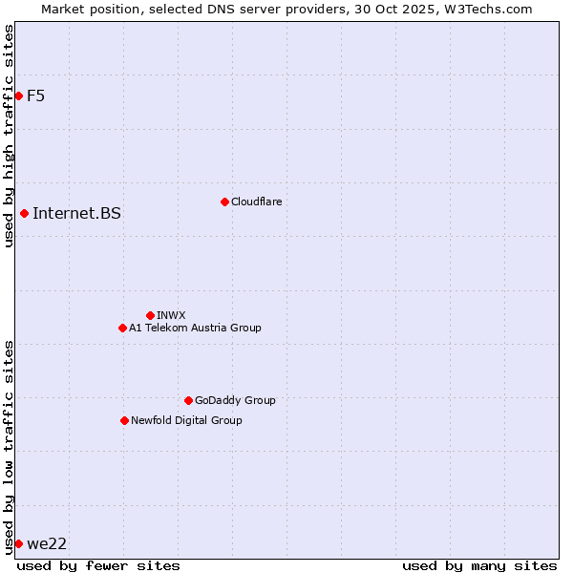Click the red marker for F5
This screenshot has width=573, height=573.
click(x=18, y=95)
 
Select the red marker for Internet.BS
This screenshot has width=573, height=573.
click(x=24, y=213)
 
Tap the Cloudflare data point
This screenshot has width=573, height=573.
click(x=224, y=202)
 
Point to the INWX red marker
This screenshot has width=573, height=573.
click(x=150, y=315)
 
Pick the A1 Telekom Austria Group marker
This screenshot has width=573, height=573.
click(x=122, y=328)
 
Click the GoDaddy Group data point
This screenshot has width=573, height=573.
click(x=188, y=400)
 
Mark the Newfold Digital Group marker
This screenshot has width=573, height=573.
click(x=124, y=420)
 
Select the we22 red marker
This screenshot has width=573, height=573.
click(x=18, y=543)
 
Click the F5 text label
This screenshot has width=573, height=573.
click(x=35, y=95)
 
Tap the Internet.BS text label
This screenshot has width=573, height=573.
click(x=76, y=213)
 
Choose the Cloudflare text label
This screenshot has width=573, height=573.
click(x=256, y=202)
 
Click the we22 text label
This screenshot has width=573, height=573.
click(x=47, y=543)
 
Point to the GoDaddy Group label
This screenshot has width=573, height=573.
click(x=235, y=400)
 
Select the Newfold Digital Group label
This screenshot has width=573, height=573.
click(x=186, y=420)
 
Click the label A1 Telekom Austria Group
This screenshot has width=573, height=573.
click(x=195, y=328)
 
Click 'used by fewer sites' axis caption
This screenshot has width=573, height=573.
click(x=98, y=565)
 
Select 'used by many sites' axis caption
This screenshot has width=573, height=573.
click(x=479, y=565)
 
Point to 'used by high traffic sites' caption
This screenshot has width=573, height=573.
click(x=9, y=136)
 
